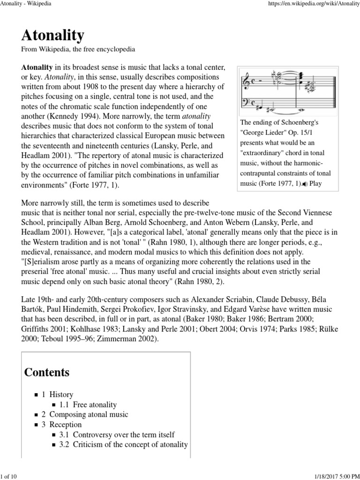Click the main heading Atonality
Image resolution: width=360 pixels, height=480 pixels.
(52, 35)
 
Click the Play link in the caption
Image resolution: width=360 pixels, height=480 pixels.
(316, 184)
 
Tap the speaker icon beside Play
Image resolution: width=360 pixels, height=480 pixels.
(305, 184)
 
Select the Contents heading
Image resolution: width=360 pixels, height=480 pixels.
(47, 372)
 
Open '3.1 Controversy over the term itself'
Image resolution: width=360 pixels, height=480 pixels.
(117, 435)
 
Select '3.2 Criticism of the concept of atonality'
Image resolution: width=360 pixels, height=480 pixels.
(123, 444)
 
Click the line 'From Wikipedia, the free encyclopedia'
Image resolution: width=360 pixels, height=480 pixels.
(78, 49)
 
